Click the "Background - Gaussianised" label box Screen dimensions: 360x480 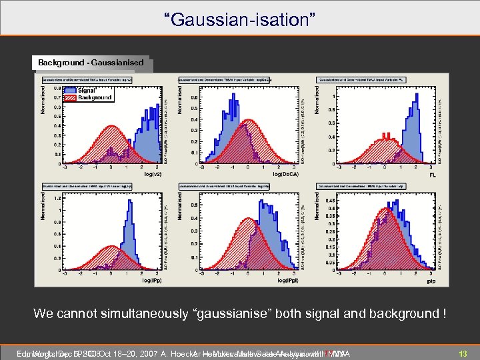point(91,62)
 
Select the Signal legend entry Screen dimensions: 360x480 point(88,90)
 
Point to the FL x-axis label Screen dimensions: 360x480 point(433,175)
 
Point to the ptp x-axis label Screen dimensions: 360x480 point(432,281)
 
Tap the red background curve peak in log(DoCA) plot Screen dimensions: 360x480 point(249,121)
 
